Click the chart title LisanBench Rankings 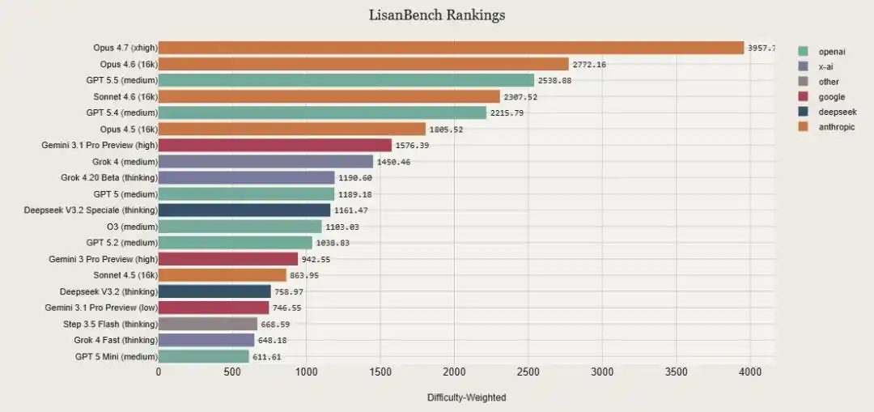[436, 15]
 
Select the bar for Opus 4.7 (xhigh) [451, 48]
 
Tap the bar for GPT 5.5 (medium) [346, 80]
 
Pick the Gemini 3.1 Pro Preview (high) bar [274, 145]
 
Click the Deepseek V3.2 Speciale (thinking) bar [244, 210]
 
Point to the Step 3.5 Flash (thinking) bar [207, 324]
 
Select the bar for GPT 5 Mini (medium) [203, 356]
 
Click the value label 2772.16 [590, 64]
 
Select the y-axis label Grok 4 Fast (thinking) [116, 340]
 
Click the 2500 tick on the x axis [528, 372]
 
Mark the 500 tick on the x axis [232, 372]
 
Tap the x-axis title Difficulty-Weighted [466, 397]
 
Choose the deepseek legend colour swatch [803, 112]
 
